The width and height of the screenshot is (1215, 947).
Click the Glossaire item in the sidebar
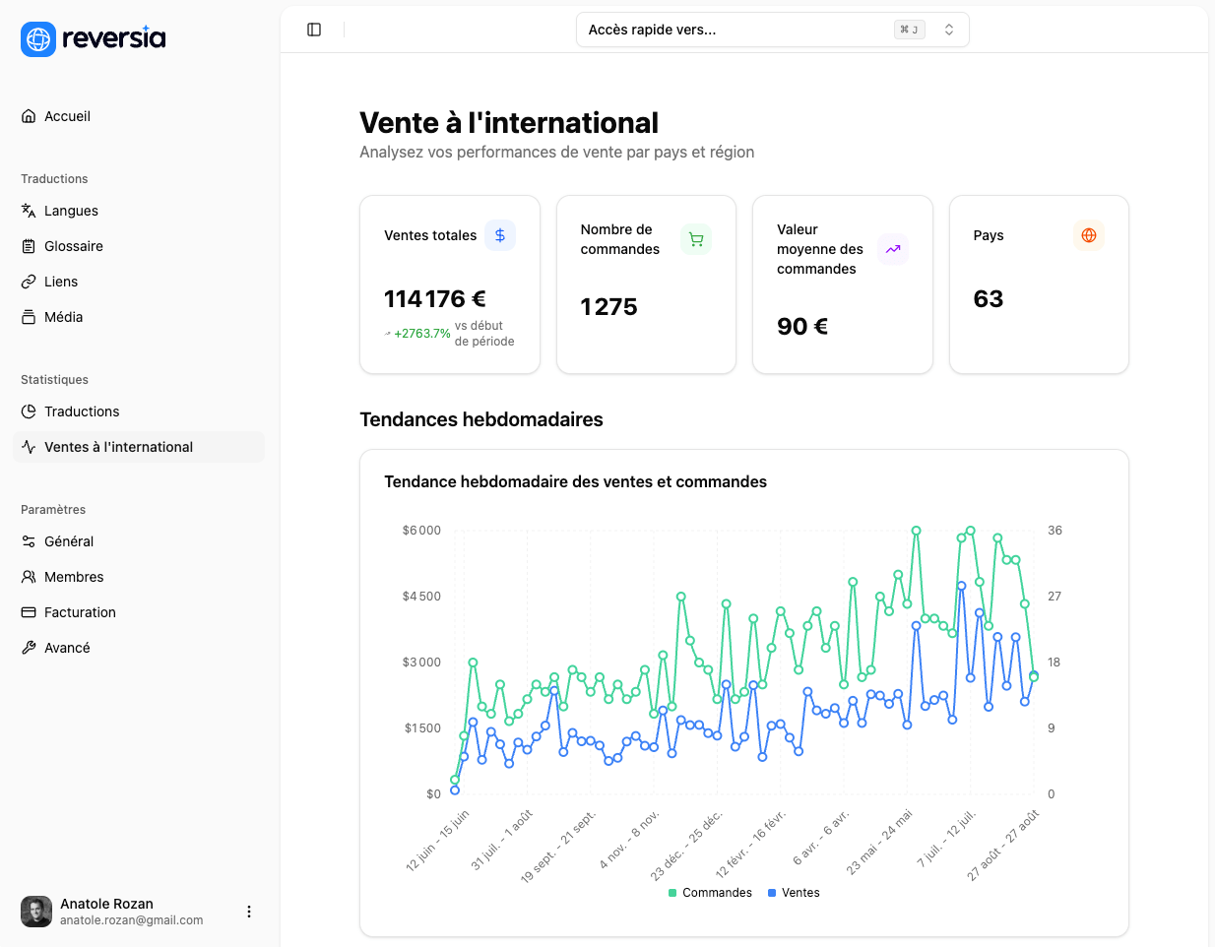[x=73, y=246]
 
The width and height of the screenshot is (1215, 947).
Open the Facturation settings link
[x=80, y=612]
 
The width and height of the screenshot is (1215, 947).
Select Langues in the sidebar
[x=71, y=211]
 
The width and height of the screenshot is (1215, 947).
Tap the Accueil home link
[x=67, y=116]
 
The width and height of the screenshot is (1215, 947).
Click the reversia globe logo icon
[x=38, y=39]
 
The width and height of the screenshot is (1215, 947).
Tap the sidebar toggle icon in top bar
[x=314, y=30]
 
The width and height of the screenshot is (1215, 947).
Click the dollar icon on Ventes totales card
[x=500, y=235]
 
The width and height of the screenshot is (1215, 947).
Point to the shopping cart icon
[x=696, y=239]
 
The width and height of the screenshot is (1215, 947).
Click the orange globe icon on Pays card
[x=1089, y=235]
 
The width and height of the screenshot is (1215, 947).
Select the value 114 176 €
[x=435, y=299]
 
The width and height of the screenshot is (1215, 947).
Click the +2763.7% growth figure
[x=421, y=334]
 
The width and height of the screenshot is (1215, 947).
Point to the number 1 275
[x=608, y=307]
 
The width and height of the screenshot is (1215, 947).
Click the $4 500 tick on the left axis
[x=421, y=597]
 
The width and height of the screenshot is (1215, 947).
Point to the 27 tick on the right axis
[x=1055, y=597]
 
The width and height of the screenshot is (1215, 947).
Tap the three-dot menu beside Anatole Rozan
[x=249, y=912]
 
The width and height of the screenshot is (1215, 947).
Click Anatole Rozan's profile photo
[x=36, y=912]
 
